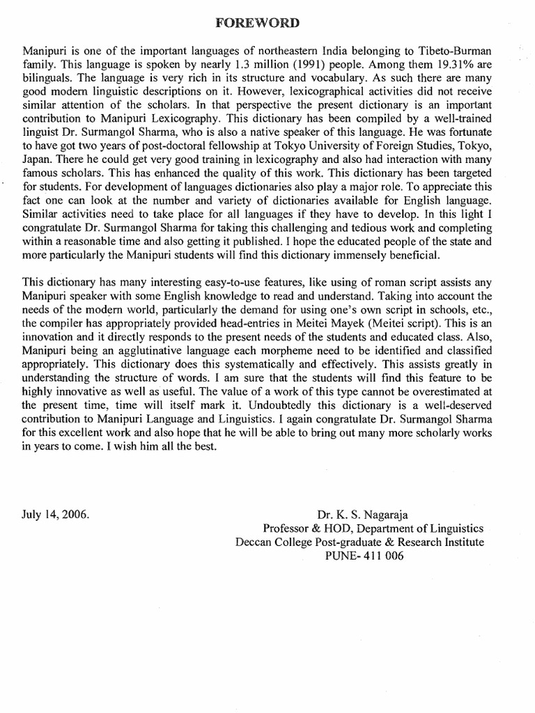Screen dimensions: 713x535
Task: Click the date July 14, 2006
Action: pyautogui.click(x=56, y=516)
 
